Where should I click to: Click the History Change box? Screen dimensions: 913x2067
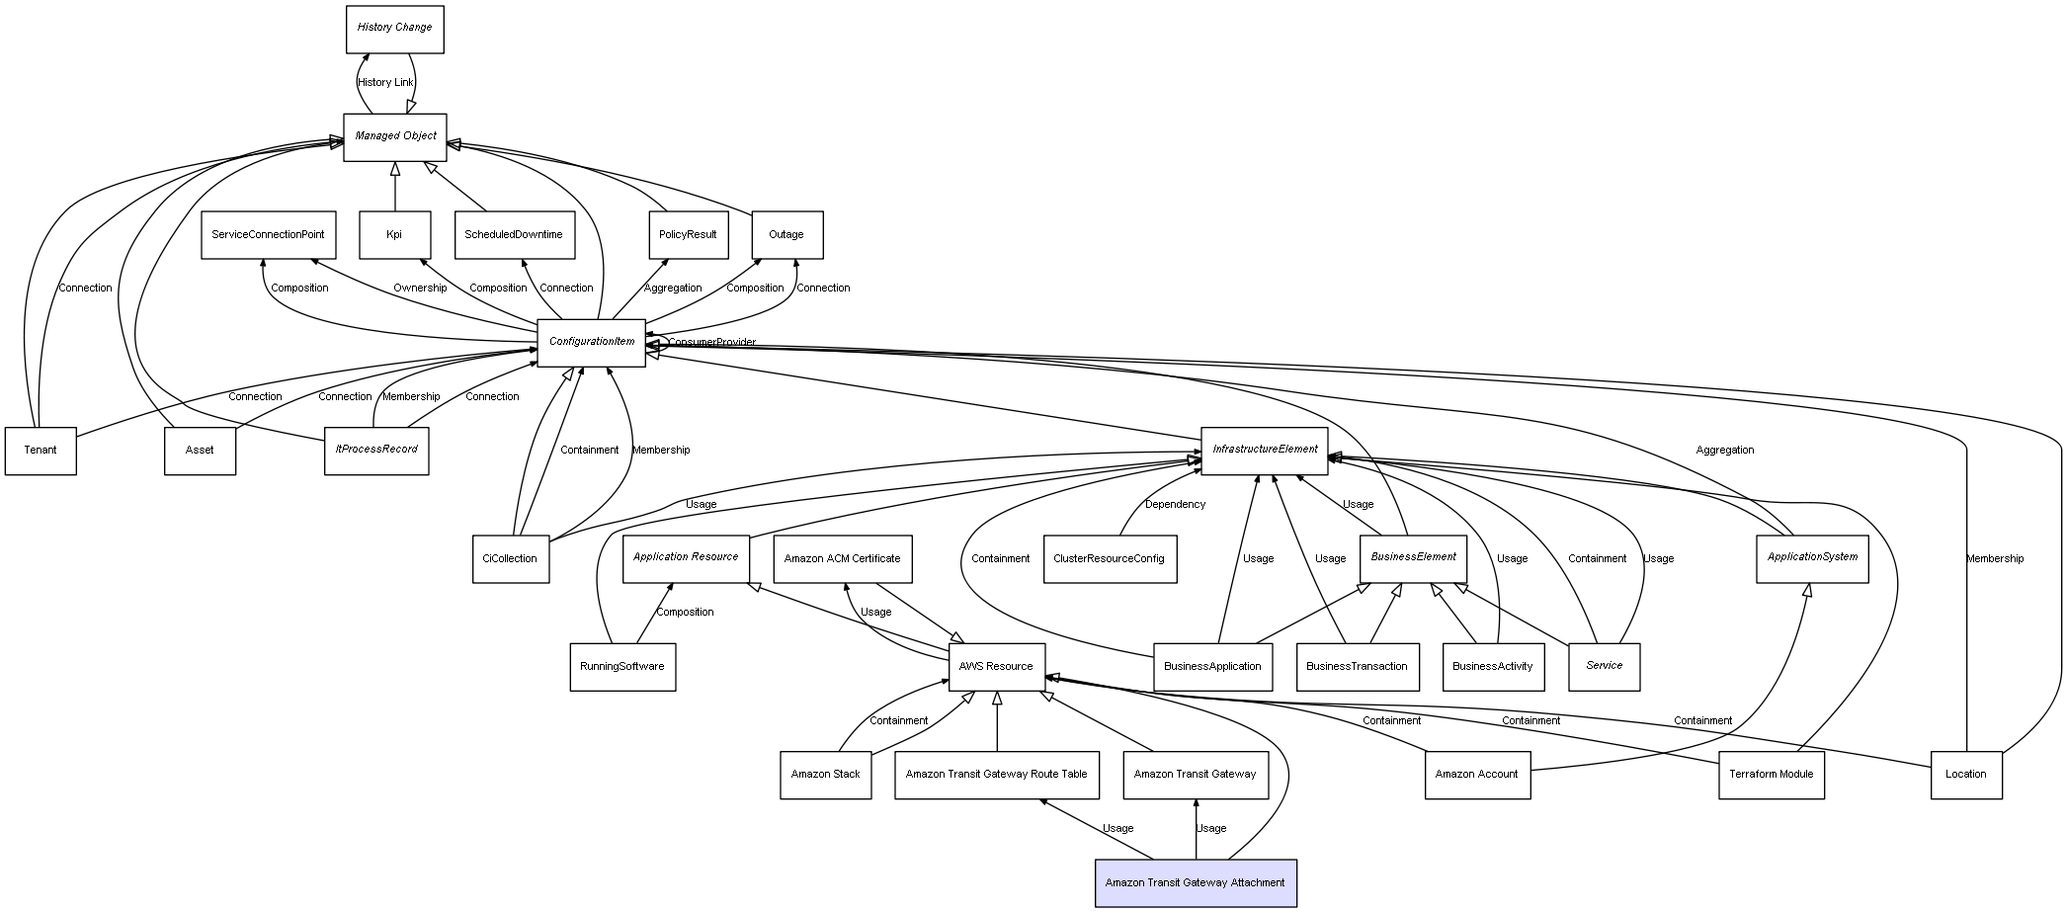click(x=394, y=29)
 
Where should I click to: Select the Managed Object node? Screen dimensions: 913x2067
click(x=395, y=136)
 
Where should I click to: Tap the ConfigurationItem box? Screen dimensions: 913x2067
click(x=591, y=342)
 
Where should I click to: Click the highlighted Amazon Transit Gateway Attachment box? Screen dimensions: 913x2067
click(x=1195, y=882)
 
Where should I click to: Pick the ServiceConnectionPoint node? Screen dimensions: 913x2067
click(x=268, y=235)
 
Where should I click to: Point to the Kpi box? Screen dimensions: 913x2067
click(x=394, y=235)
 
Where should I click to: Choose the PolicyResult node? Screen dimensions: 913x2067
click(x=688, y=235)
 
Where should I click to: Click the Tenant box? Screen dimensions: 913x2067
click(x=41, y=451)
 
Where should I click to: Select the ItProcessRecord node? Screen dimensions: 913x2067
click(x=376, y=450)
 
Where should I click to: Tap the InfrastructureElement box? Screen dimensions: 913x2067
click(x=1264, y=450)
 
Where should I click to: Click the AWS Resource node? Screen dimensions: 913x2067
click(x=996, y=666)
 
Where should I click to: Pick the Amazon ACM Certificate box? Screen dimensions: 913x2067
click(x=842, y=558)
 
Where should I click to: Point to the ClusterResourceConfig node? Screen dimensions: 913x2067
click(x=1109, y=558)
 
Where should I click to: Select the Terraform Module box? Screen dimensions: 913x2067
click(x=1771, y=775)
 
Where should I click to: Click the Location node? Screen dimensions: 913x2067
click(x=1965, y=775)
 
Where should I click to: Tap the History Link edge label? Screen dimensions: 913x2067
click(x=385, y=83)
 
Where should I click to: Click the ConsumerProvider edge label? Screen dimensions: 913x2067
click(x=711, y=343)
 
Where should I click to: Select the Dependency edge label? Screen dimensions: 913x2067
click(x=1175, y=505)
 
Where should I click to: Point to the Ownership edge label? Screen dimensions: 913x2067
click(x=420, y=289)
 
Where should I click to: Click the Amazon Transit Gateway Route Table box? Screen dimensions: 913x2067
click(x=996, y=775)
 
